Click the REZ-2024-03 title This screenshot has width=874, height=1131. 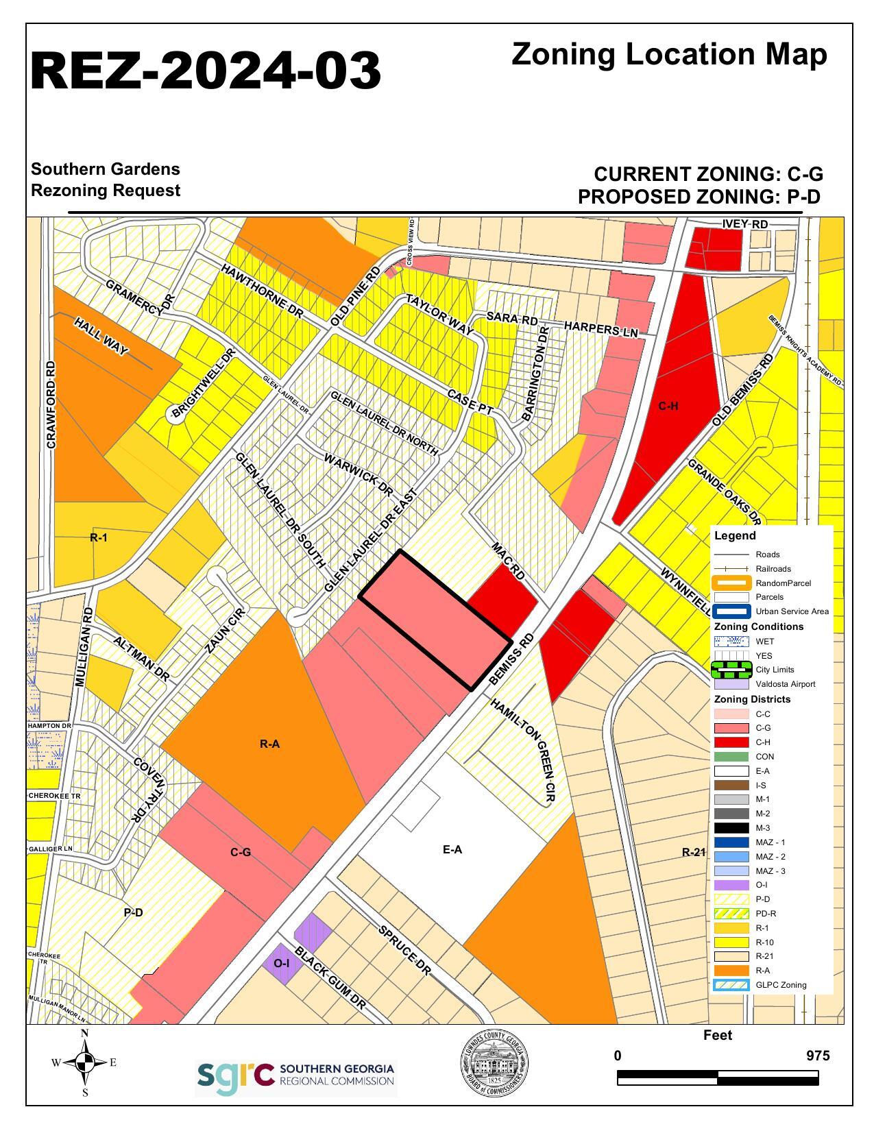[206, 71]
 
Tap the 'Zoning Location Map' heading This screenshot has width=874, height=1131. [669, 54]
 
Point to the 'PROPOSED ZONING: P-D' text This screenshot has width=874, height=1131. [699, 197]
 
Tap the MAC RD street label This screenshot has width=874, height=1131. [508, 561]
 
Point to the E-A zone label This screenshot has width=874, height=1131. [452, 850]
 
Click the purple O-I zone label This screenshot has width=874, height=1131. [281, 963]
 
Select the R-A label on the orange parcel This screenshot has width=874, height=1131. [269, 744]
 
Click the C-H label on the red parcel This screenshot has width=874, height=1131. [668, 406]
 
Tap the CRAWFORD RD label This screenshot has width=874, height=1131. [51, 404]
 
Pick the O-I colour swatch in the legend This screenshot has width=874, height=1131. [731, 885]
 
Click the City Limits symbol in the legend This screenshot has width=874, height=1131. [731, 670]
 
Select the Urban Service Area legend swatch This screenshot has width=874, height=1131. [731, 611]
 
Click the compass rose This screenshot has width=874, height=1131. [85, 1063]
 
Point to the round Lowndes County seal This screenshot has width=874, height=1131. [494, 1064]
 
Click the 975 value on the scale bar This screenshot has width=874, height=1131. [818, 1056]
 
